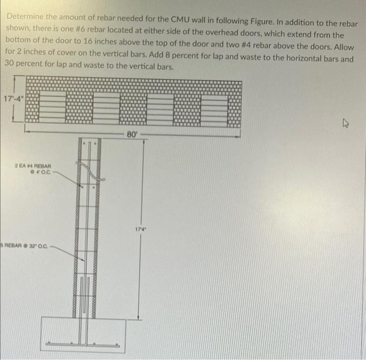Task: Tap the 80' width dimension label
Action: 131,135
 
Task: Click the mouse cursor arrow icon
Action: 345,124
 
